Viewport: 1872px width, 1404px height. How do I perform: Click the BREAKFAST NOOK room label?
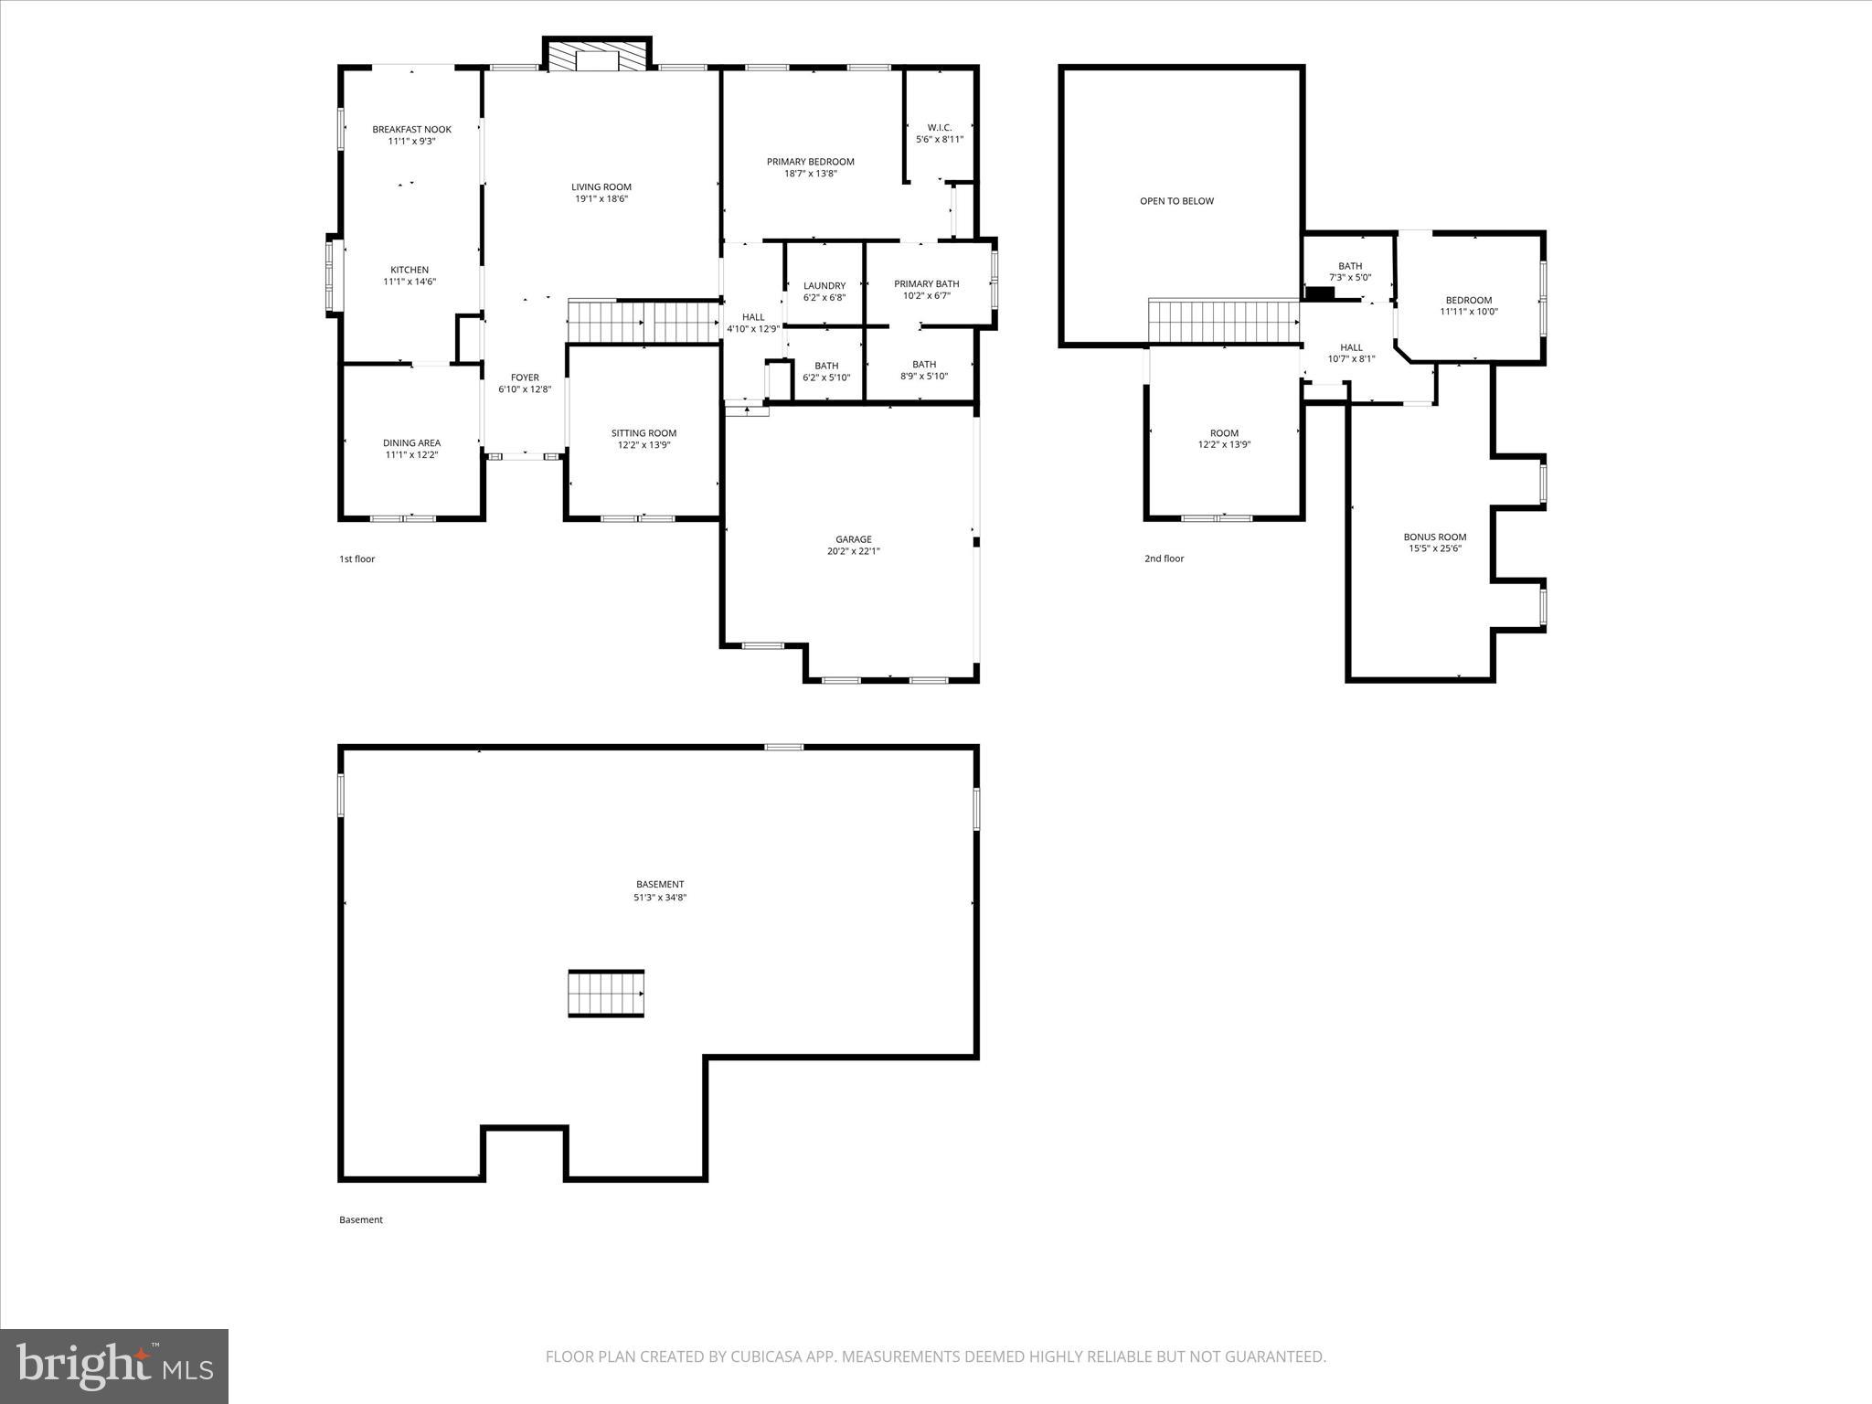(411, 130)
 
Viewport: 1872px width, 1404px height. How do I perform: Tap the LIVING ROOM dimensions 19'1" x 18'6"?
(601, 199)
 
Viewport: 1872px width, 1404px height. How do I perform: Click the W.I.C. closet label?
(939, 128)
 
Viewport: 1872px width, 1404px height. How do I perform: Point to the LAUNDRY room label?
(824, 286)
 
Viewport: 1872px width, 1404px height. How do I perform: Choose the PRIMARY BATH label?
(926, 284)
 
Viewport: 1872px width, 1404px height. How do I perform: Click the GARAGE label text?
(853, 539)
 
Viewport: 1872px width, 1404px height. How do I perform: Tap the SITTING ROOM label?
(643, 433)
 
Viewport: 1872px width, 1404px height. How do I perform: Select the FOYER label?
(525, 378)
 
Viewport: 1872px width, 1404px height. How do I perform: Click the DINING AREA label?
(411, 443)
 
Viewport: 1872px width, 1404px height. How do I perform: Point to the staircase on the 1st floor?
(643, 322)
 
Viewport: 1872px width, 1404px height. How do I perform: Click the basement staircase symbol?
(606, 994)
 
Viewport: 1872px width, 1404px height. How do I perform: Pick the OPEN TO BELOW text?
(1176, 201)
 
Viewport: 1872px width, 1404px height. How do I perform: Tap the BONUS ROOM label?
(1434, 537)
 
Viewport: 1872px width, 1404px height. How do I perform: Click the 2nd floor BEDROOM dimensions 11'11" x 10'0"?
(1468, 312)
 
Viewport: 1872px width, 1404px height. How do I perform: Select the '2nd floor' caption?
(1164, 558)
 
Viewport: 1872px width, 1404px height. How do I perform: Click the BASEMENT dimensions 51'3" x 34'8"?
(659, 898)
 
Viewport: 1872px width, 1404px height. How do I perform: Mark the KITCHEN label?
(409, 271)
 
